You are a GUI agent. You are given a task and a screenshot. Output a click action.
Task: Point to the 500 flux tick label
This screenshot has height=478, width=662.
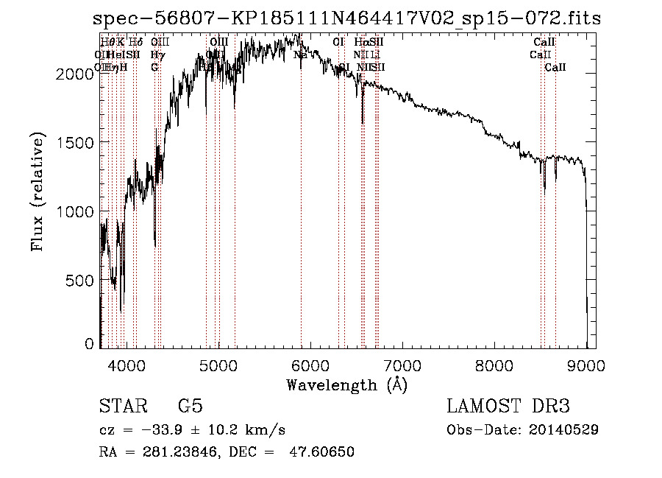click(83, 281)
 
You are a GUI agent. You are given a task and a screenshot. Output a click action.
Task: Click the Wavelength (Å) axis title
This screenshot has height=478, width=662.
click(346, 384)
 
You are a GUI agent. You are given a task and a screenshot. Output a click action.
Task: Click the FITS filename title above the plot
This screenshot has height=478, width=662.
click(347, 19)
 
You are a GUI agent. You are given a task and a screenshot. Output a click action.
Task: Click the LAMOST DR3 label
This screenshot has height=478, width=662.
click(508, 407)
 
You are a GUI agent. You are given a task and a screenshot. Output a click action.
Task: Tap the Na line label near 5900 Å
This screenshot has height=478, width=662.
click(300, 55)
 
